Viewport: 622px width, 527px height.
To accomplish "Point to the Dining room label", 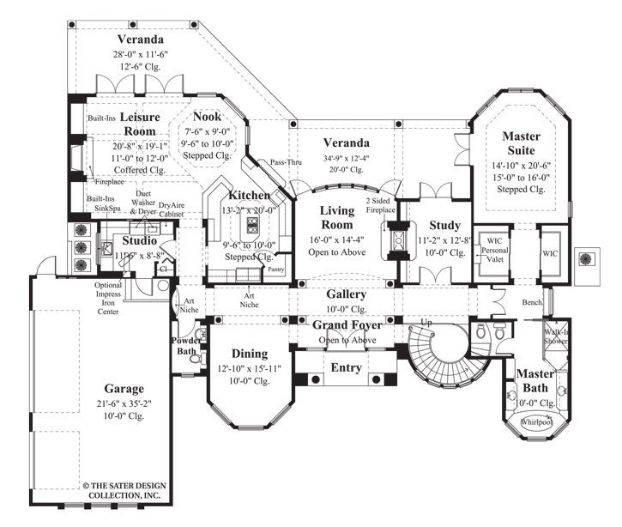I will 249,353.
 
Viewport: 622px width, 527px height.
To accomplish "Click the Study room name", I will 438,226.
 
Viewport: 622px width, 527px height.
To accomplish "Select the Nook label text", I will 207,117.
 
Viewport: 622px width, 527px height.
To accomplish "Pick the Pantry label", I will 275,270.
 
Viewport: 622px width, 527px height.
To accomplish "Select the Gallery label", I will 346,294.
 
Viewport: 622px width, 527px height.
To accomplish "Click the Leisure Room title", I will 138,123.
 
